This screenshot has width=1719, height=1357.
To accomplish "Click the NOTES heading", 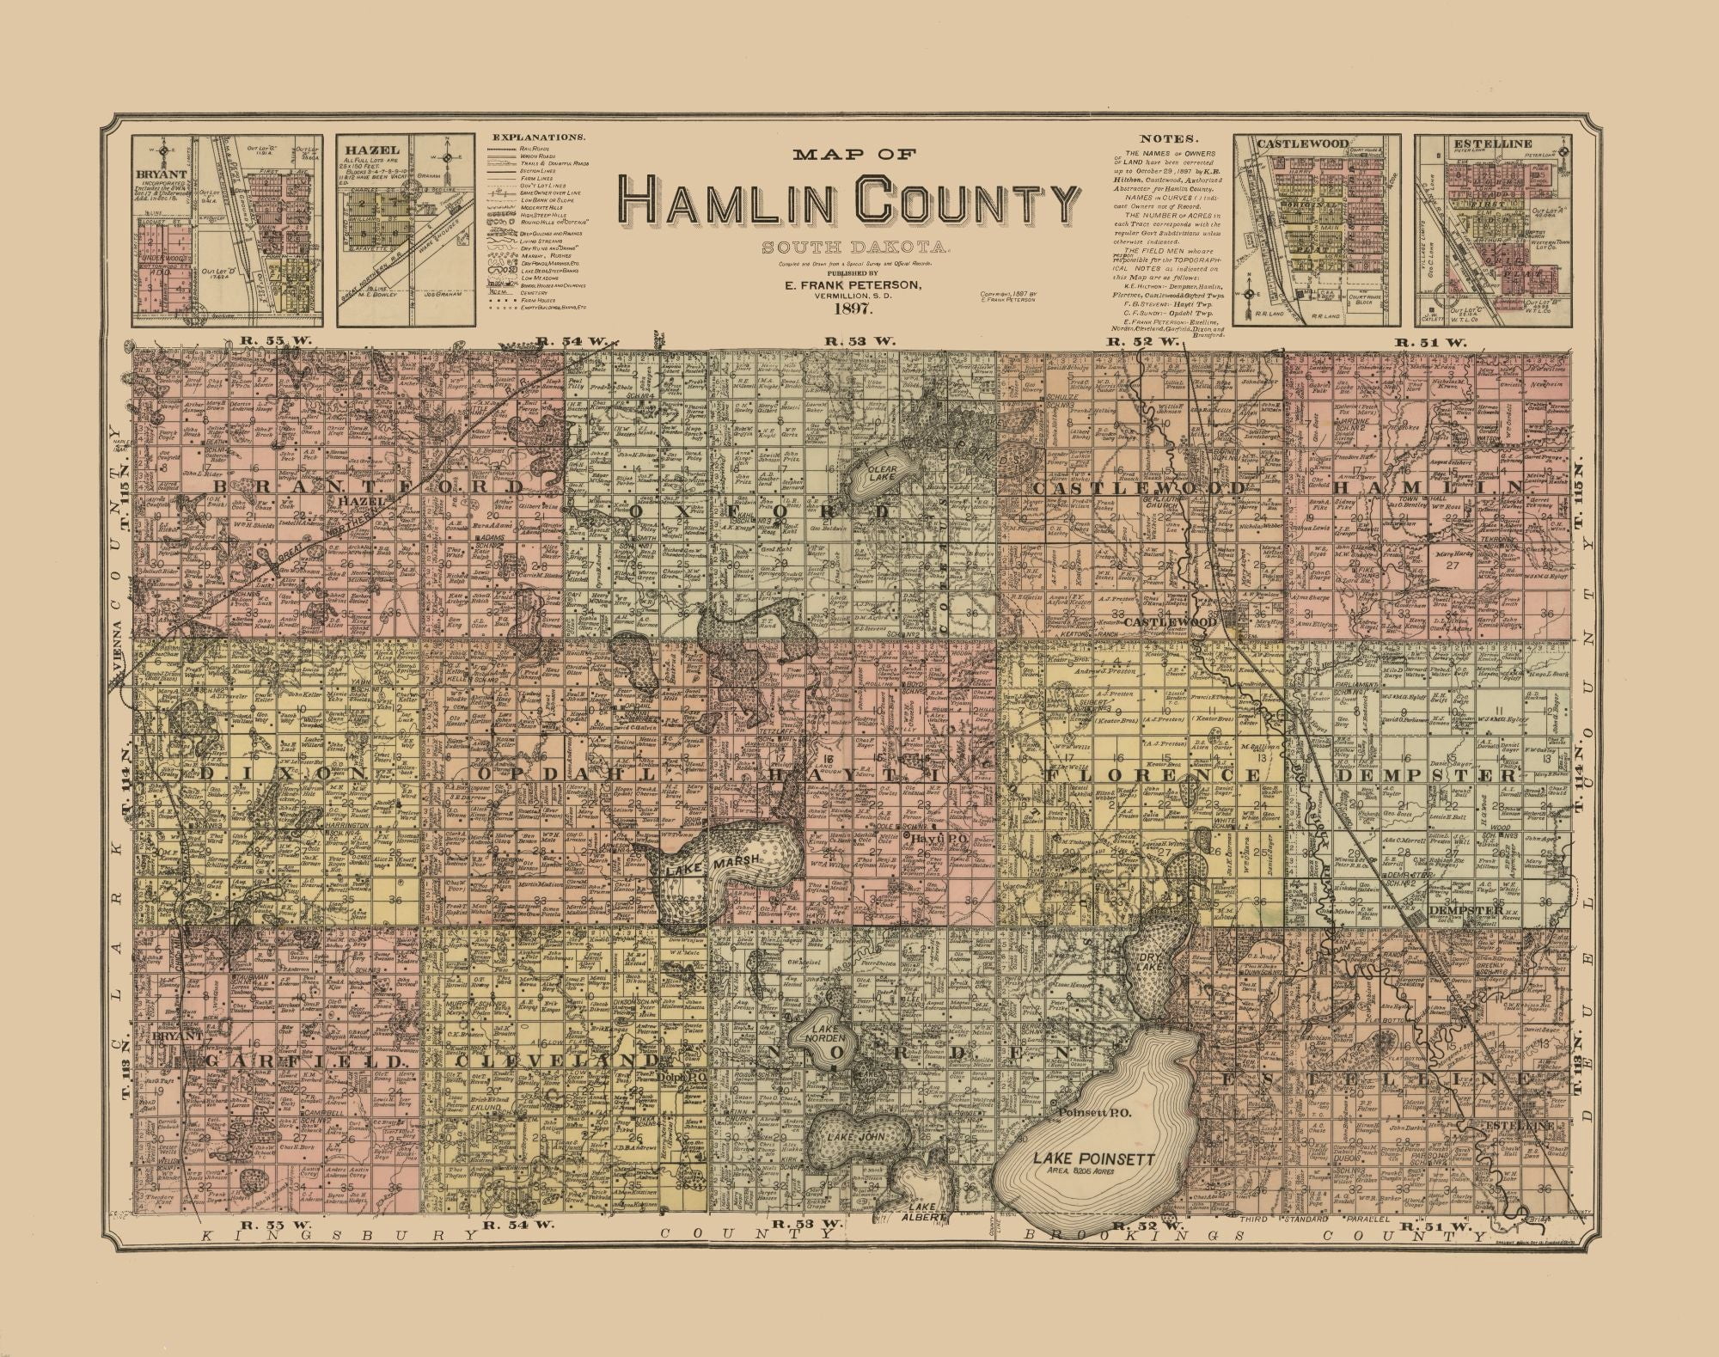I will click(1168, 138).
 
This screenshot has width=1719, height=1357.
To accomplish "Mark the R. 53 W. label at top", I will click(859, 341).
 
